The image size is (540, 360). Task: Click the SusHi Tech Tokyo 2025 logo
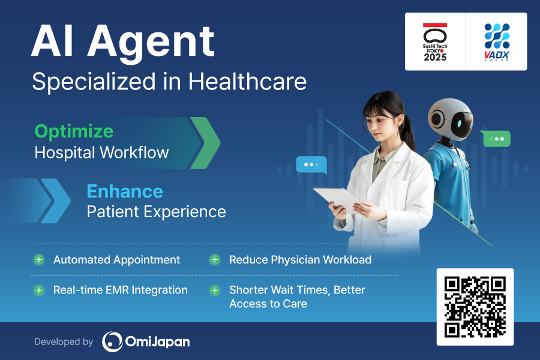point(435,42)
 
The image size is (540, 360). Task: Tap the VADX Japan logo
point(496,42)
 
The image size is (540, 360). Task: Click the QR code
point(475,307)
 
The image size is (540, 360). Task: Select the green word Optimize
point(74,131)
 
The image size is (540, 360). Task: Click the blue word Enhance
point(125,191)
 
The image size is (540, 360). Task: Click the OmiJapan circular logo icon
point(112,341)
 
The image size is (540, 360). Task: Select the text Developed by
point(64,342)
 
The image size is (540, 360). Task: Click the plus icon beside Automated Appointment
point(39,260)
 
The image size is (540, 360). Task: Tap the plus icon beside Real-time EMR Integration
point(39,290)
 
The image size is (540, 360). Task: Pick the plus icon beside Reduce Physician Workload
point(214,260)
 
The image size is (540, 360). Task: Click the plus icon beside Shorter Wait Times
point(214,290)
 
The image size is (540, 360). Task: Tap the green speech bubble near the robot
point(496,139)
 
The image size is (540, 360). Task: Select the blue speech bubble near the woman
point(311,164)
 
